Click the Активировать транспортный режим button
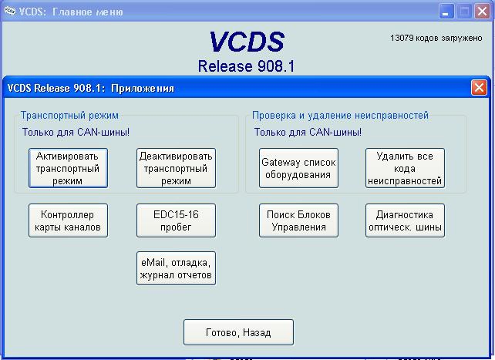[68, 168]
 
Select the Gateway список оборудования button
[298, 168]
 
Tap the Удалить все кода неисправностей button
[405, 168]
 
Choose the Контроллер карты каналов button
[68, 220]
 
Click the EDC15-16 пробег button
[176, 220]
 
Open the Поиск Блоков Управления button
[298, 220]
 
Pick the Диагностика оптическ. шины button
[405, 220]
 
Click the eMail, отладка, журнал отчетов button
[176, 268]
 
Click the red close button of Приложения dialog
[479, 87]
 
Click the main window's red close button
[483, 12]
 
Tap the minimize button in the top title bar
[446, 12]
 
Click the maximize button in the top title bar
[464, 12]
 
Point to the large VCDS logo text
[247, 42]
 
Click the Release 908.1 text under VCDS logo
[246, 66]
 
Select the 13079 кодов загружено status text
[436, 39]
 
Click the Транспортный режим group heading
[69, 116]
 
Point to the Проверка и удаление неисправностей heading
[340, 116]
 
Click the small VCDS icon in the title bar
[10, 11]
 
